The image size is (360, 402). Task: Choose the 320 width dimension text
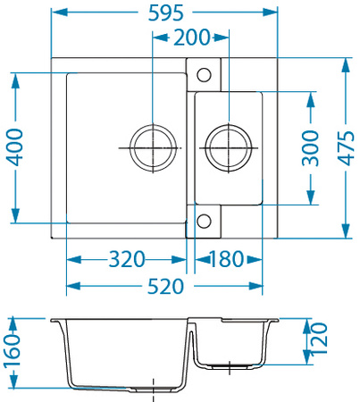[x=127, y=260]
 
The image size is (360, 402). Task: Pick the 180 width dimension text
[x=227, y=260]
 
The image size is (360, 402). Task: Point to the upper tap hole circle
[x=203, y=71]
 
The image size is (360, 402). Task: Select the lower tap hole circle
[x=203, y=220]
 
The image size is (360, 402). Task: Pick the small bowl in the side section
[x=230, y=344]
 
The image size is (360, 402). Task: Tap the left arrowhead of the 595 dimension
[x=54, y=13]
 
